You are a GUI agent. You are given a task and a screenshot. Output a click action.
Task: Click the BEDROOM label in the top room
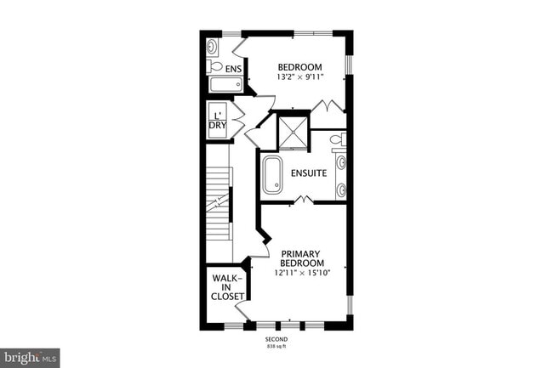pos(299,67)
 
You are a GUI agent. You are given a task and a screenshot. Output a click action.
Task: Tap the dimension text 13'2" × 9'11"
pos(299,77)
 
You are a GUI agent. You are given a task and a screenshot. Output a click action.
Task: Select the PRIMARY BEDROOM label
pos(301,258)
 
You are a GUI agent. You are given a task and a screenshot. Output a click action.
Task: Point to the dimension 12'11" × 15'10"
pos(301,274)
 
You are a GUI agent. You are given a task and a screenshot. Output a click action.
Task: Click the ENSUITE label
pos(309,173)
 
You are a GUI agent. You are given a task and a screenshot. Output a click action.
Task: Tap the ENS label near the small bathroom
pos(233,68)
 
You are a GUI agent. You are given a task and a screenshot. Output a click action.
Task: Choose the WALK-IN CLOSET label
pos(227,287)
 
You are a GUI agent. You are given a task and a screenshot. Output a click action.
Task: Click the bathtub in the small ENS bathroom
pos(225,85)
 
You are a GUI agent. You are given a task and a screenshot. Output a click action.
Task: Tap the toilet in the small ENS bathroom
pos(215,66)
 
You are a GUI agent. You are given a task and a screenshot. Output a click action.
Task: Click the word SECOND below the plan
pos(276,339)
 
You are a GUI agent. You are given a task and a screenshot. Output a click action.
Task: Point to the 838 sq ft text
pos(276,347)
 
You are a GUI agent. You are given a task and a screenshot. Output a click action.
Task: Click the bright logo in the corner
pos(30,357)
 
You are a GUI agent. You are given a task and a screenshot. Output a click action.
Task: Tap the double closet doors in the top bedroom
pos(326,106)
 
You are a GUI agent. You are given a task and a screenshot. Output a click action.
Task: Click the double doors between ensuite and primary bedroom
pos(304,201)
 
